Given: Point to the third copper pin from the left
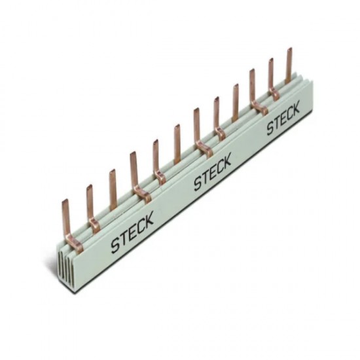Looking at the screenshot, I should pos(113,186).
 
